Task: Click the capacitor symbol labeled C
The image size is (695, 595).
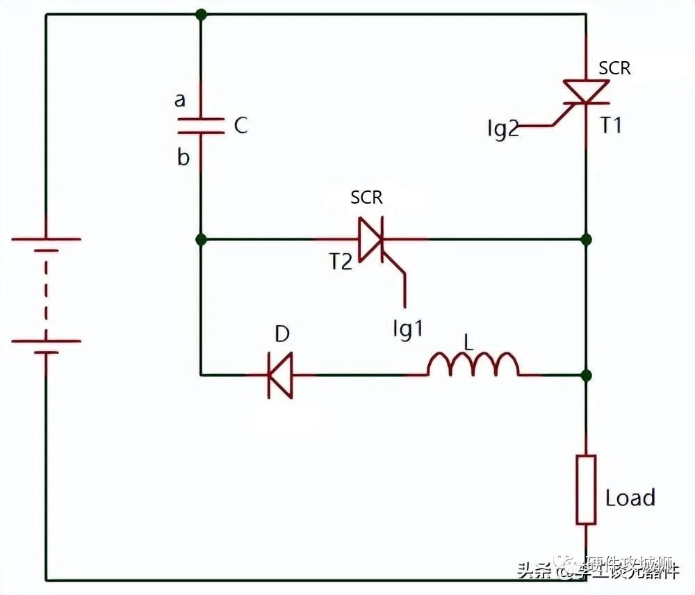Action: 201,126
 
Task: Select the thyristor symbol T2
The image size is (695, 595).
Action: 371,239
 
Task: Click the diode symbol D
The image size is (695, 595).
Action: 280,375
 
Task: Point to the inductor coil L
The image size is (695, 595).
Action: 473,366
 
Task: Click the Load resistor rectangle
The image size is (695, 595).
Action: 586,489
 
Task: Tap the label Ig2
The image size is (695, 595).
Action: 502,129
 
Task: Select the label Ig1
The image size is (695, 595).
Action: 407,329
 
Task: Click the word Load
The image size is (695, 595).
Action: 630,498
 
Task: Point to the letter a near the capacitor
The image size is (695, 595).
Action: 180,100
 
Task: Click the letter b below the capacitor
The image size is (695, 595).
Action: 183,157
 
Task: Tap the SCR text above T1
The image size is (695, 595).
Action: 615,68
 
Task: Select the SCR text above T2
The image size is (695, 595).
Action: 366,197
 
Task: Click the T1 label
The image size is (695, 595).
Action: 611,126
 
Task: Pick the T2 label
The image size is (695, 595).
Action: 341,261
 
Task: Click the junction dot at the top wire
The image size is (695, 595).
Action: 201,14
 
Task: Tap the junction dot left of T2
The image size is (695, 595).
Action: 201,239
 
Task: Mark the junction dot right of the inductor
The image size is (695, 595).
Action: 586,375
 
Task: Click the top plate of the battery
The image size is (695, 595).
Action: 46,239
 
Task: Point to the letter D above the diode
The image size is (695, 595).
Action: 281,334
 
